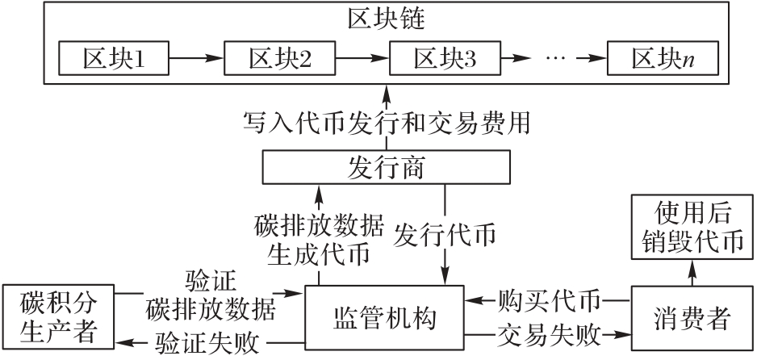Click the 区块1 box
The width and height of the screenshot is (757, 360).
pyautogui.click(x=112, y=59)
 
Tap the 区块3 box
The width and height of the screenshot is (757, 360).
pyautogui.click(x=445, y=59)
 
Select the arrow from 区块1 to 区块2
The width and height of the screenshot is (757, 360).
pyautogui.click(x=194, y=59)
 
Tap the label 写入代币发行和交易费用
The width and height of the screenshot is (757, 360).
pyautogui.click(x=387, y=123)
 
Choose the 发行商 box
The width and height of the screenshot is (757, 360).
pyautogui.click(x=387, y=168)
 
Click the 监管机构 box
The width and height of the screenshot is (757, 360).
pyautogui.click(x=384, y=318)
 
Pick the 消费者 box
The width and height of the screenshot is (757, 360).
pyautogui.click(x=690, y=318)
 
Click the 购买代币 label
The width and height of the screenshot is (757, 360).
pyautogui.click(x=549, y=301)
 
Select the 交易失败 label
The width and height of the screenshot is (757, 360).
pyautogui.click(x=549, y=333)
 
